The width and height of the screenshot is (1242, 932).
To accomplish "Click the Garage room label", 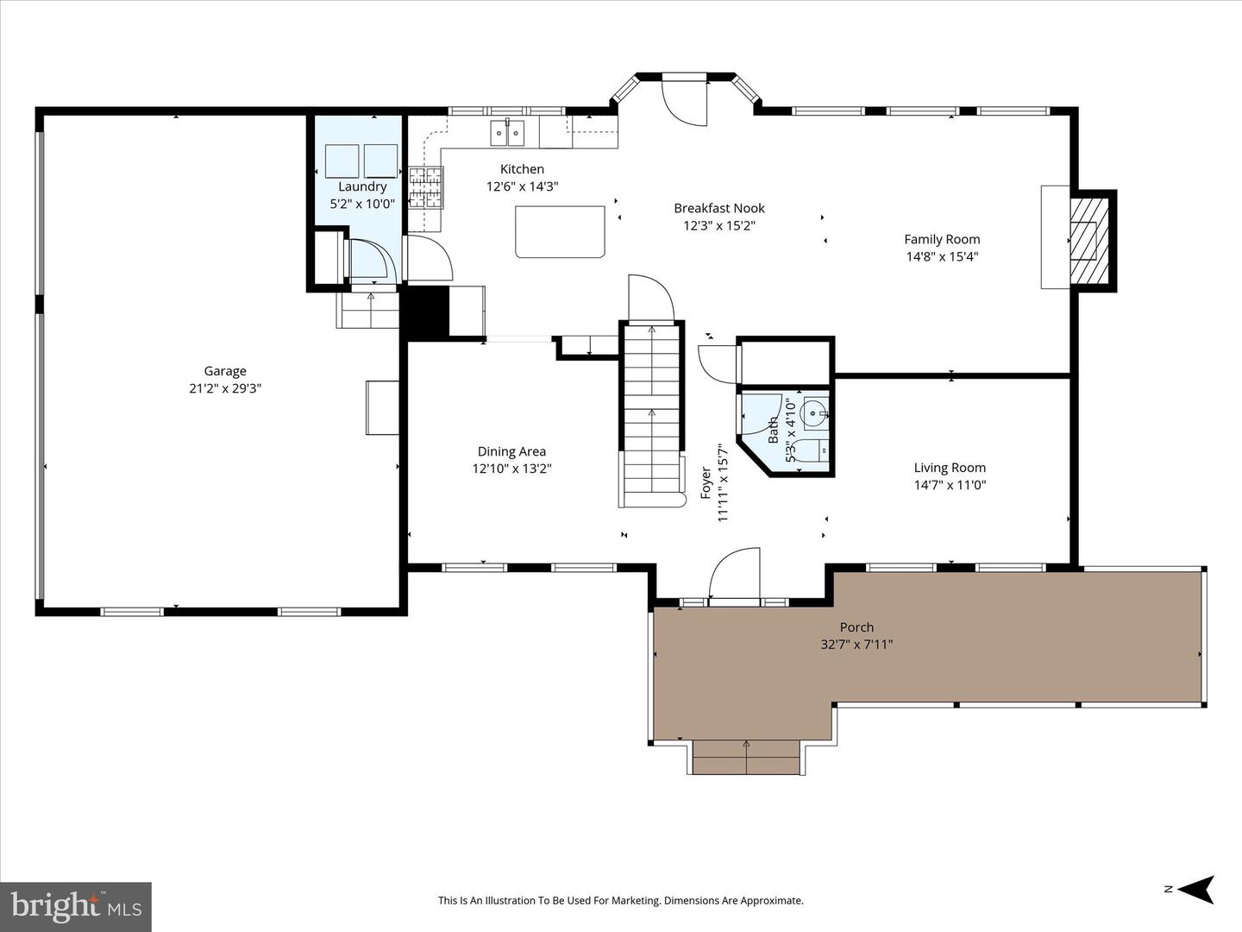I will (225, 371).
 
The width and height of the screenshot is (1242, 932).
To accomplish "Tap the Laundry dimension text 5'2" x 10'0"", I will (362, 205).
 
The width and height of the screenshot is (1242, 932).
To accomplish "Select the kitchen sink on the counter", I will (507, 133).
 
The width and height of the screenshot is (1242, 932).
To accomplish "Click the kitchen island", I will (561, 231).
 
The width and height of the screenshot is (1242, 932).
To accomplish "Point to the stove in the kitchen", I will (426, 187).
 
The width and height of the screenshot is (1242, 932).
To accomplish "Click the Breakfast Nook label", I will (719, 208).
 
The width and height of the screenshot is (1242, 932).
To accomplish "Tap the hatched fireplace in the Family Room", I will (1088, 241).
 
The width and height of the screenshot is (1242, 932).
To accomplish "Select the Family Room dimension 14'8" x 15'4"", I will (942, 256).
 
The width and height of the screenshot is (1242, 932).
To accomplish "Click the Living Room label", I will (950, 468).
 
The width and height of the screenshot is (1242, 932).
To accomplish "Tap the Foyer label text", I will (706, 483).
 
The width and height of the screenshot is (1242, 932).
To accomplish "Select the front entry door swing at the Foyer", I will (735, 573).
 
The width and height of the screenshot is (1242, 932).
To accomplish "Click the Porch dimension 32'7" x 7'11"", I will (856, 644).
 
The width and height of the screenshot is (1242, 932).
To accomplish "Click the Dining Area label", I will (511, 451).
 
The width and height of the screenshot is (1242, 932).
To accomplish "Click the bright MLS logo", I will (76, 906).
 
